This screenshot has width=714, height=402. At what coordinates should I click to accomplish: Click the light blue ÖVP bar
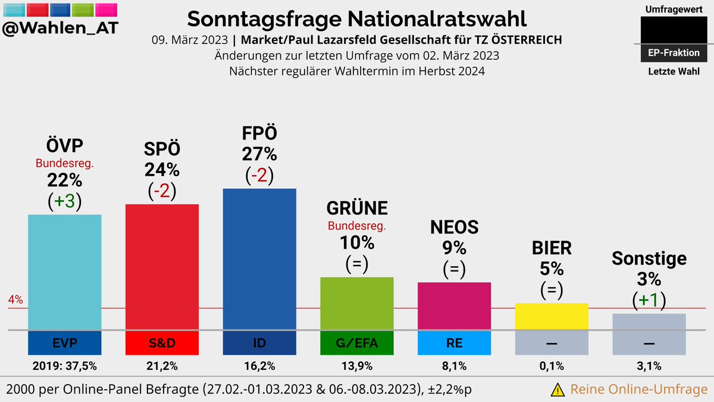64,271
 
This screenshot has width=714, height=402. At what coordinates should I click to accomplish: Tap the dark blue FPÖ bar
259,259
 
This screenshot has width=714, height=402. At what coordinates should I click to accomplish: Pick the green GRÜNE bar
357,303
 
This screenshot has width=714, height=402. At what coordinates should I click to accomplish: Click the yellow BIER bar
552,316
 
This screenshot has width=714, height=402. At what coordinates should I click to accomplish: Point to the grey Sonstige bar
649,321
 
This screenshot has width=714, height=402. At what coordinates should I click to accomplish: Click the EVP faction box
64,342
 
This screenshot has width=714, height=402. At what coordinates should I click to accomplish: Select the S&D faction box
162,342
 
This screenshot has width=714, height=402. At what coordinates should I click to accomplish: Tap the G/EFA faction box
357,342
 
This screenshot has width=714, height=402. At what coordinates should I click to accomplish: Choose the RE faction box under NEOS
454,342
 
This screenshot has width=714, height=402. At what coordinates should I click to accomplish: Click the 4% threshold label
15,300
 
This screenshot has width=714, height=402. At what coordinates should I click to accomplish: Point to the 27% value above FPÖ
259,154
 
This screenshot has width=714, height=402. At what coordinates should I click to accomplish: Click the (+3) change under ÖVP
64,201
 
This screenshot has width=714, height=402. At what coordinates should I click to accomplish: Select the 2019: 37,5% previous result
64,366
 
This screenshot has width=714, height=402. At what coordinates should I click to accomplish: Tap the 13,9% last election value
357,366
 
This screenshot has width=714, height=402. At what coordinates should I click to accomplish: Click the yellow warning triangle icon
558,389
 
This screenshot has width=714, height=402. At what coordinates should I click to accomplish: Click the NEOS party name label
454,226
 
